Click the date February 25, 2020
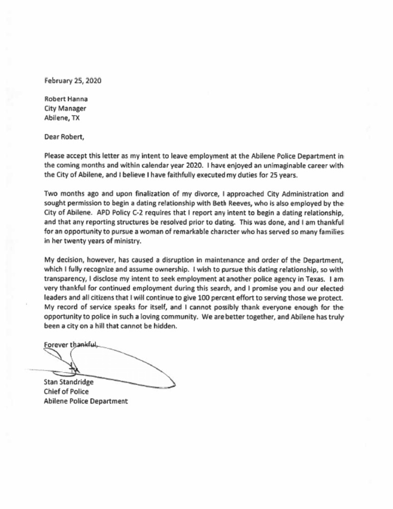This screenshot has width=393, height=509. point(73,80)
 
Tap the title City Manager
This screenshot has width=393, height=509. point(65,108)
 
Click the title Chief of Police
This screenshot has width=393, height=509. point(65,390)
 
